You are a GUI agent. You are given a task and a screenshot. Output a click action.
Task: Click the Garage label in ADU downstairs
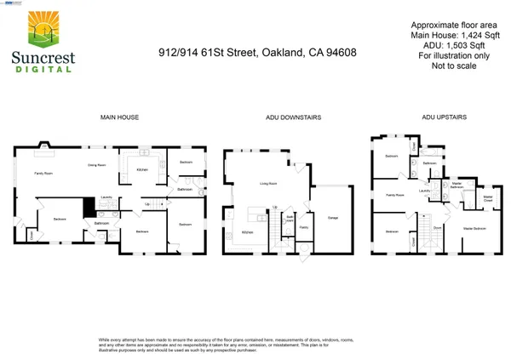click(x=334, y=219)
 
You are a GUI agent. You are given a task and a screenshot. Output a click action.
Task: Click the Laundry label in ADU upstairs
click(x=423, y=191)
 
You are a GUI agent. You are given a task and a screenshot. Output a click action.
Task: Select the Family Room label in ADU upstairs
click(x=394, y=195)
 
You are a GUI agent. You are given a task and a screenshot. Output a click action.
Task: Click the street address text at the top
click(x=257, y=52)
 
